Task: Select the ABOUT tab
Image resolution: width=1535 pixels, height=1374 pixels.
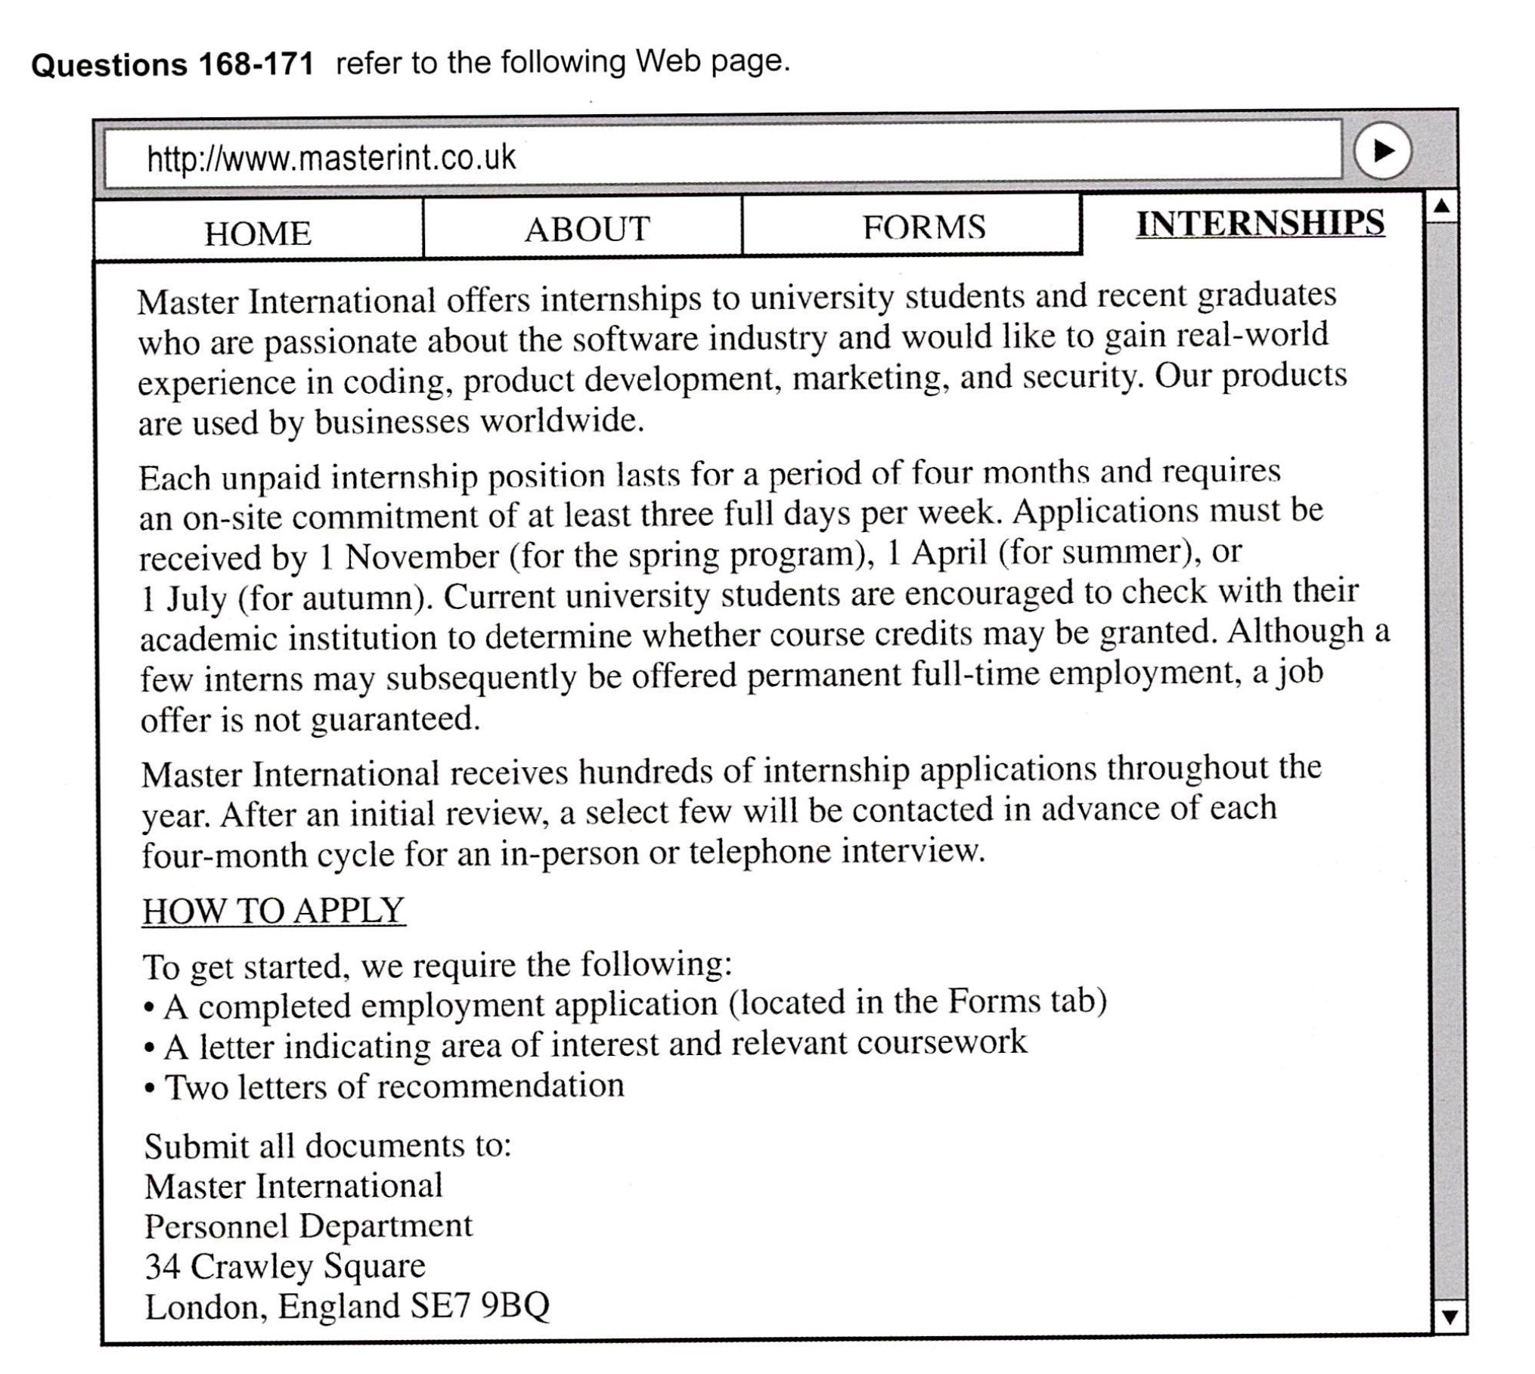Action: tap(587, 229)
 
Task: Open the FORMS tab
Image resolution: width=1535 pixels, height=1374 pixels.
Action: tap(924, 227)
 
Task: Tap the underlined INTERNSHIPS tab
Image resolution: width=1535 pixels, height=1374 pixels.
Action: tap(1260, 224)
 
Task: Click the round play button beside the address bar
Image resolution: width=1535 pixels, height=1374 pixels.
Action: tap(1382, 151)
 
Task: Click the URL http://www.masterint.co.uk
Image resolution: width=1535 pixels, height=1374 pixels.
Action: tap(331, 158)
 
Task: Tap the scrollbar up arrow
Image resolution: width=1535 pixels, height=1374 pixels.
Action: tap(1442, 206)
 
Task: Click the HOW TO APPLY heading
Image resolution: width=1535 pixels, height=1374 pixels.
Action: tap(274, 910)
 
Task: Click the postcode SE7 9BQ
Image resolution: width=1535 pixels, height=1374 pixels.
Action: tap(479, 1306)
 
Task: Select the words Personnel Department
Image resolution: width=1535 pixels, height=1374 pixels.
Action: tap(309, 1225)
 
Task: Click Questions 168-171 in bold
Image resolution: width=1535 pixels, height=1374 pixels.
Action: tap(172, 65)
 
